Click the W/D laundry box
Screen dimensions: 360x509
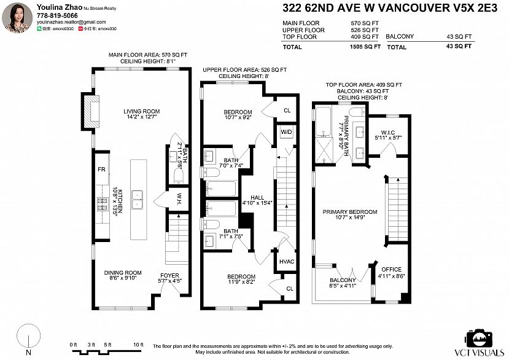[286, 132]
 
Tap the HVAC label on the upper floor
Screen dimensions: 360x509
[287, 260]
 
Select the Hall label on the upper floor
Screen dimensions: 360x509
[257, 197]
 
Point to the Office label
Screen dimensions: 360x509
[391, 270]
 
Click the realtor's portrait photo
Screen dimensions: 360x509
[17, 17]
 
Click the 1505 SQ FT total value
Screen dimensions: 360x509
[364, 47]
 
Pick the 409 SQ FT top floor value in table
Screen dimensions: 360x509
[366, 37]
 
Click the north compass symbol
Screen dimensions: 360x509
[27, 338]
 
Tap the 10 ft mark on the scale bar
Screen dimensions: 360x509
[138, 345]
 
